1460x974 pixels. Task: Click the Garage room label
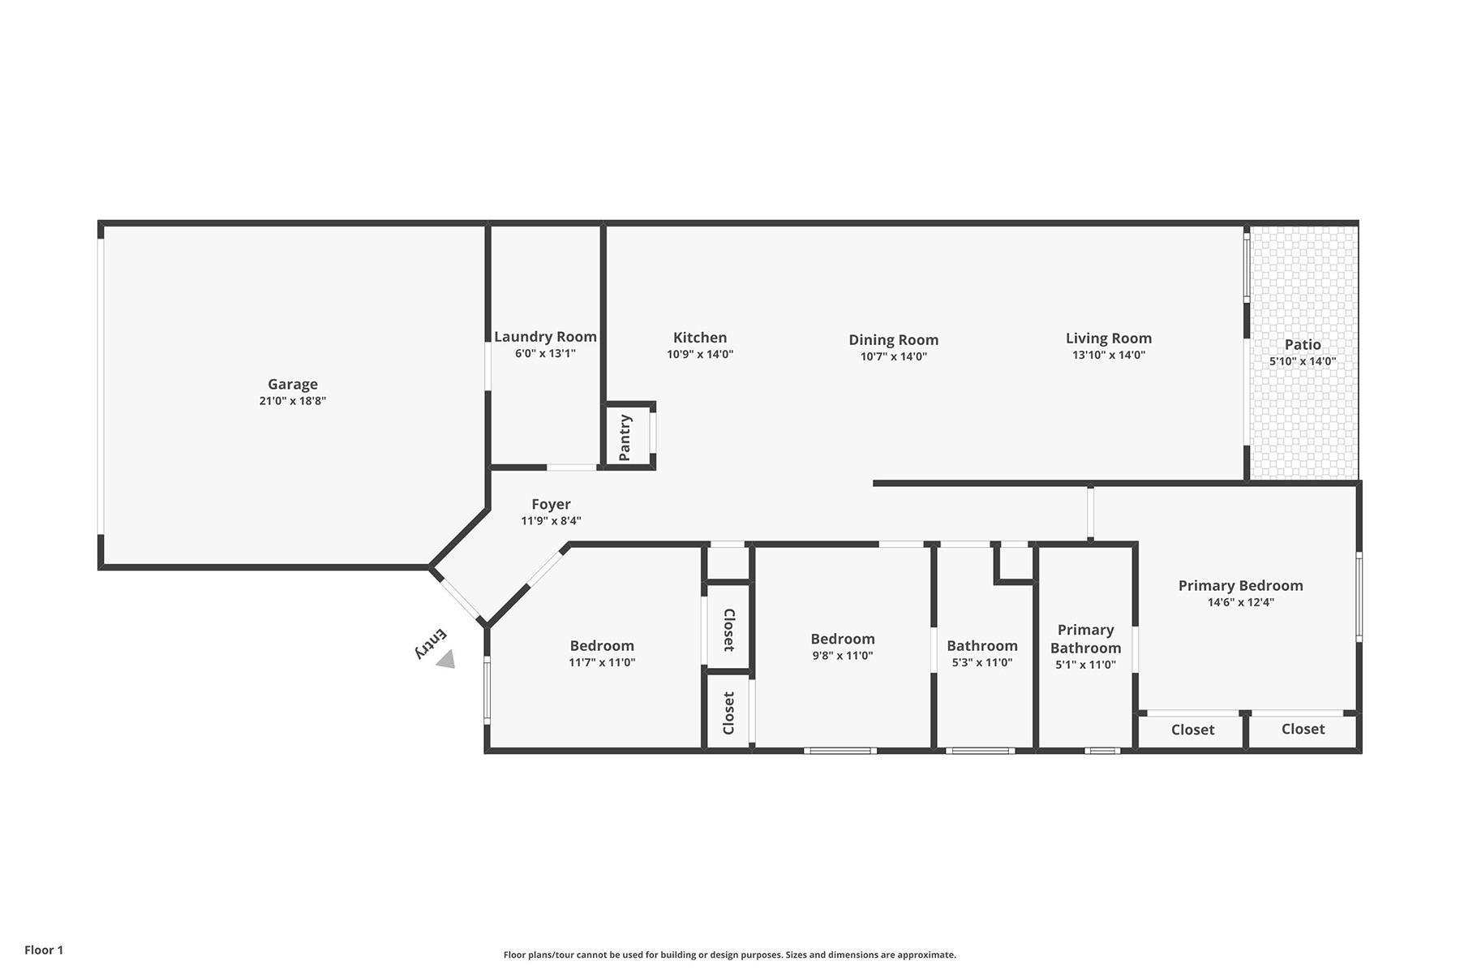click(x=293, y=384)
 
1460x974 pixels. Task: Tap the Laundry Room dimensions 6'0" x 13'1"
click(x=545, y=353)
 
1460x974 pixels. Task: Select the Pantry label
click(x=625, y=437)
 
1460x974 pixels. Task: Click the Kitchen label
click(x=700, y=338)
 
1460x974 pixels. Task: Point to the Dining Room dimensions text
click(x=894, y=356)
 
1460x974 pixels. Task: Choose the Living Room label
click(x=1109, y=338)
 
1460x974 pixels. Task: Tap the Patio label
click(x=1303, y=344)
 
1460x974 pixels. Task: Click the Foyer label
click(x=552, y=504)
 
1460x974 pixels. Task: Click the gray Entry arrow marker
click(x=445, y=660)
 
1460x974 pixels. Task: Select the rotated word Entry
click(x=431, y=643)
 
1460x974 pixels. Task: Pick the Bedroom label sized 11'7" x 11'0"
click(x=602, y=645)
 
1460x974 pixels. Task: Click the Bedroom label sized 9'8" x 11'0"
click(x=843, y=639)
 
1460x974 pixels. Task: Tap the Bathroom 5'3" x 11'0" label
click(x=982, y=645)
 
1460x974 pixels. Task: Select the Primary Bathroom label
click(x=1086, y=639)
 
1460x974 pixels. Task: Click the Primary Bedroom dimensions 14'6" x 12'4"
click(x=1241, y=602)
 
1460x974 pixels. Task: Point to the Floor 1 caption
click(x=44, y=950)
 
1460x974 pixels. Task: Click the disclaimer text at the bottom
click(x=730, y=955)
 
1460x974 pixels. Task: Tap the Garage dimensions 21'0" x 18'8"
click(x=293, y=400)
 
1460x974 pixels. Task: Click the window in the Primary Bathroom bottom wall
click(x=1102, y=751)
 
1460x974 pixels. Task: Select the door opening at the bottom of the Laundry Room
click(x=572, y=468)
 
